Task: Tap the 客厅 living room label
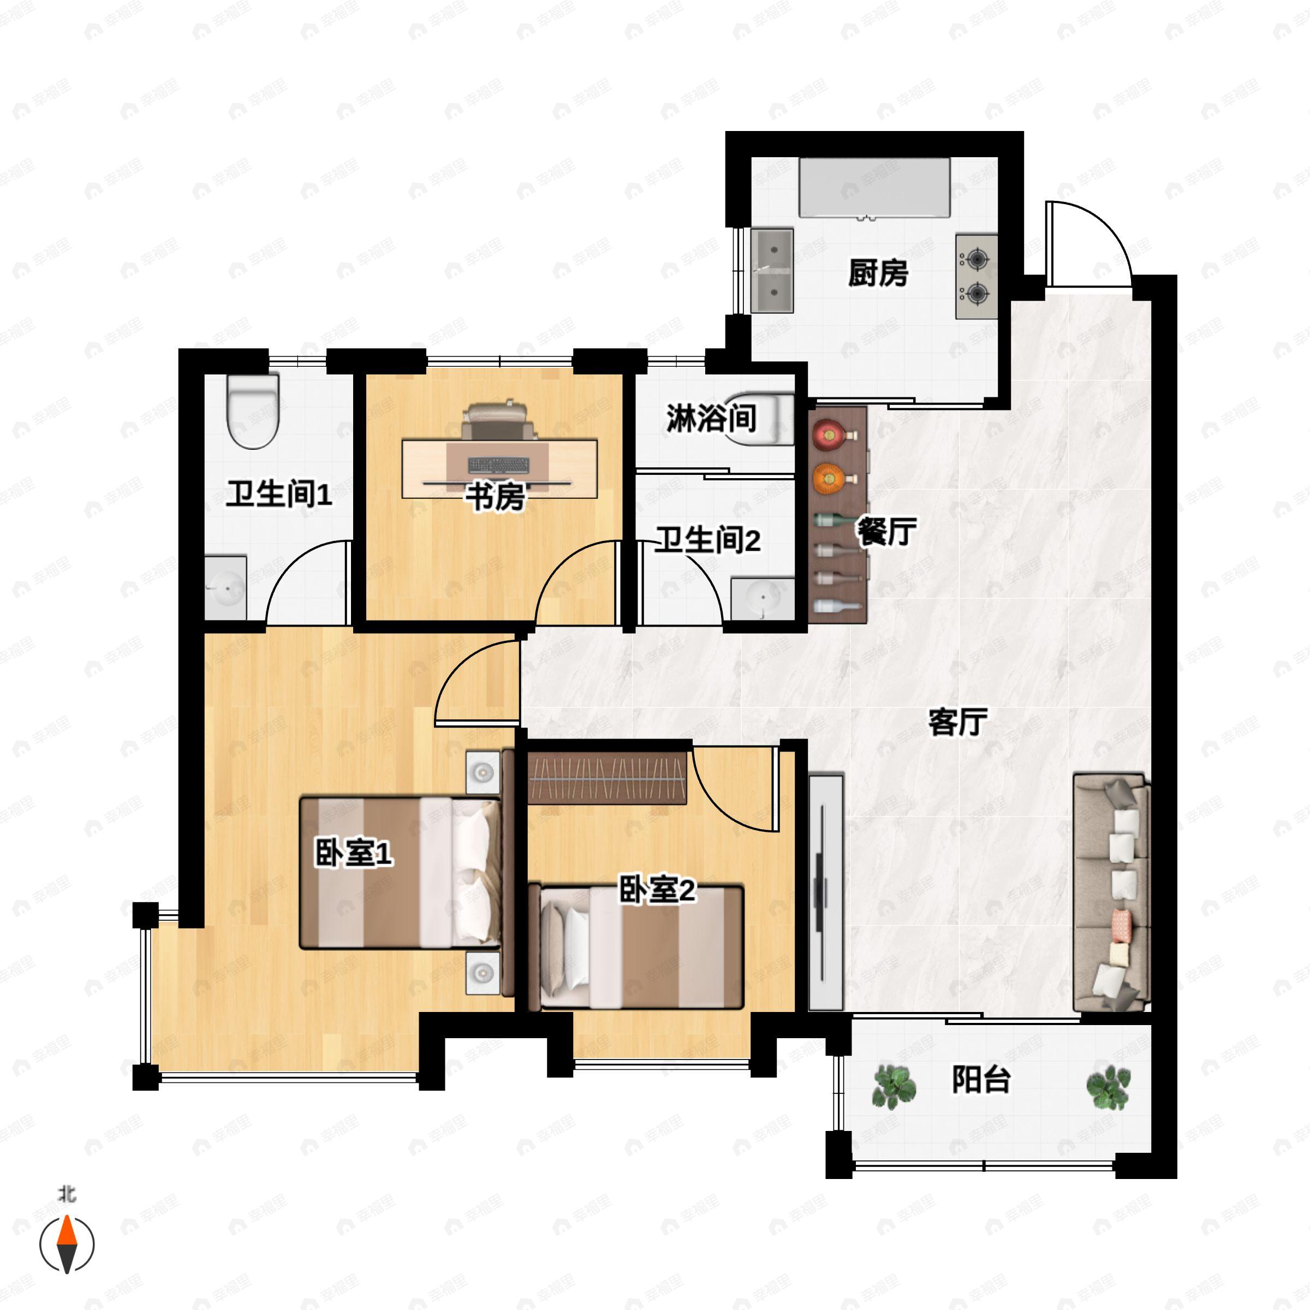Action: tap(957, 722)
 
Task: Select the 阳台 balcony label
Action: tap(981, 1080)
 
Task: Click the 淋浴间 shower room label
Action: tap(711, 418)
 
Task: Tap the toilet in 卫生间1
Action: tap(253, 412)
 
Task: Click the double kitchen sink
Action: tap(772, 271)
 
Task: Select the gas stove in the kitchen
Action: tap(976, 277)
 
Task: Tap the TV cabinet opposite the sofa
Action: tap(825, 892)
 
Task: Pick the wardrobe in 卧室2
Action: tap(608, 778)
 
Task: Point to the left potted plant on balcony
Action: tap(894, 1086)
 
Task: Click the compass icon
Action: tap(67, 1244)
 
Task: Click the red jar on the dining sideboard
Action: tap(829, 434)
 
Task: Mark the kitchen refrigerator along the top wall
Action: tap(874, 188)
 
